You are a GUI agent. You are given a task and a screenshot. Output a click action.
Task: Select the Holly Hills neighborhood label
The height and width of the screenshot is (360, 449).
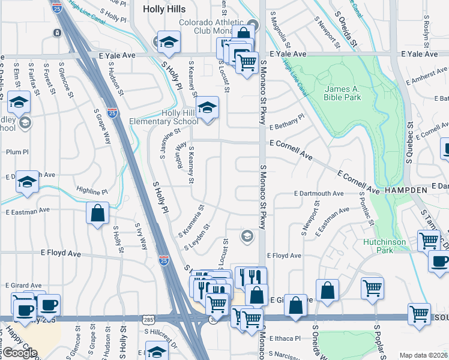click(164, 9)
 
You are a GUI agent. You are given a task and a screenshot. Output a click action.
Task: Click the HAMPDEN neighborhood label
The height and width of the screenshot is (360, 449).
click(406, 190)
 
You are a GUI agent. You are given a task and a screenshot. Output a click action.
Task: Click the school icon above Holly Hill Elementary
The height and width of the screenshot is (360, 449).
click(207, 107)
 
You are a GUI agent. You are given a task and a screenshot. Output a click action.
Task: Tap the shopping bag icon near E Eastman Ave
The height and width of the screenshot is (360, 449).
click(97, 213)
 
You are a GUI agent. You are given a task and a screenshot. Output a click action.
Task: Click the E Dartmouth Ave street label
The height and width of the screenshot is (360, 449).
click(318, 193)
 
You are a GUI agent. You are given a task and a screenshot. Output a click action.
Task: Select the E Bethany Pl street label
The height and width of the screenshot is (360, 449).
click(287, 127)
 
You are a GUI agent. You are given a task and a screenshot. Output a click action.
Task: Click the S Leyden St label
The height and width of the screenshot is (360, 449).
click(197, 237)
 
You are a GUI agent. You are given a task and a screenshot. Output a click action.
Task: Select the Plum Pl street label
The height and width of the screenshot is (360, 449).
click(17, 152)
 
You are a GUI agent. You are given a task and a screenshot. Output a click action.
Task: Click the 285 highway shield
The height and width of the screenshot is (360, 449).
click(148, 320)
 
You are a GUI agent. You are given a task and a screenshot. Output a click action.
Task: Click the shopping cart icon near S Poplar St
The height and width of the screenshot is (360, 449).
click(372, 288)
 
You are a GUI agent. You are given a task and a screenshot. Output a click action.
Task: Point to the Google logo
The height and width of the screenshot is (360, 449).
click(19, 353)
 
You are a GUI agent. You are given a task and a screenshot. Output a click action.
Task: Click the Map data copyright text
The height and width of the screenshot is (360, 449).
click(424, 355)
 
